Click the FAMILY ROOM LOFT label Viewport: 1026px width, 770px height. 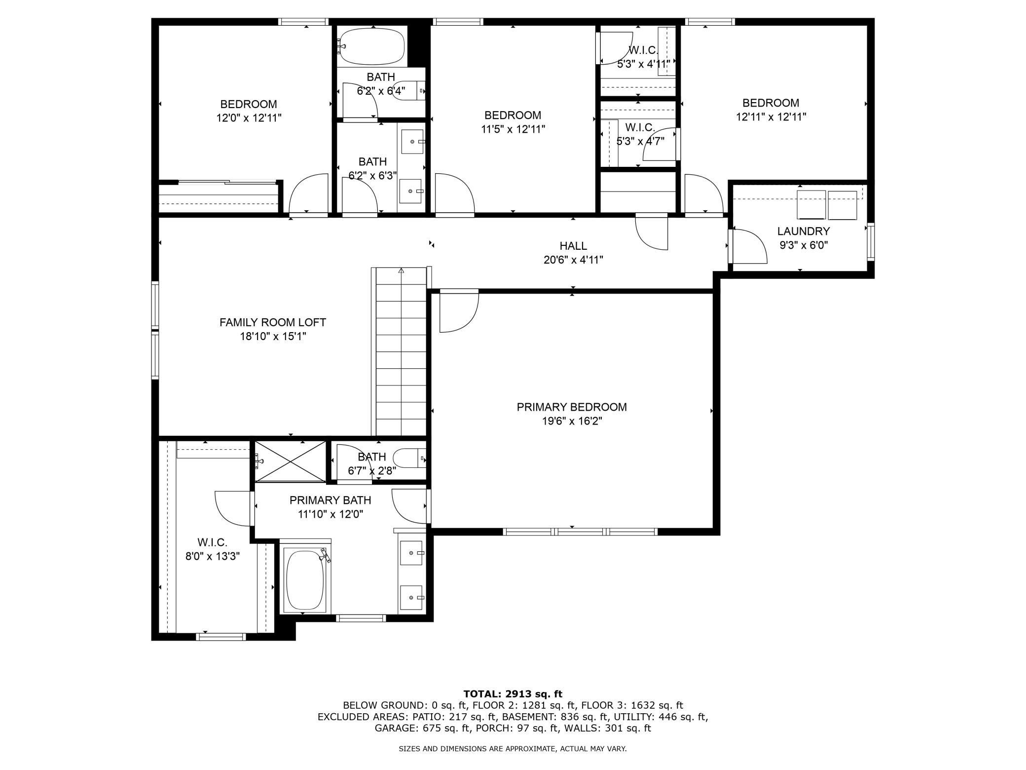click(x=273, y=322)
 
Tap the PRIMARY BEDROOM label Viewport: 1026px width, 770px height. click(x=572, y=407)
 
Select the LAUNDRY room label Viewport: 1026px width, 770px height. click(x=804, y=231)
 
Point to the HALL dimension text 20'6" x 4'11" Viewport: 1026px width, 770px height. click(x=573, y=260)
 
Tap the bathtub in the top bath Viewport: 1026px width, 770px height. click(x=372, y=46)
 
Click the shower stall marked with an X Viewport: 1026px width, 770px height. click(x=290, y=461)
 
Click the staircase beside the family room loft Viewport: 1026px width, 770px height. click(x=399, y=351)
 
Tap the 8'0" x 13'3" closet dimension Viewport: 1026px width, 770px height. click(x=213, y=556)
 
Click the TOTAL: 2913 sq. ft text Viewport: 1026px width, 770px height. click(x=513, y=693)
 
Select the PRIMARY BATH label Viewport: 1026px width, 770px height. click(x=330, y=500)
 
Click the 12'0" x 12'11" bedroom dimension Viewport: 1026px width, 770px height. click(x=249, y=118)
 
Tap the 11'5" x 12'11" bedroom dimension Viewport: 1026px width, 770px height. click(x=513, y=129)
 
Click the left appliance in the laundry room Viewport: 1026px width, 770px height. click(x=811, y=205)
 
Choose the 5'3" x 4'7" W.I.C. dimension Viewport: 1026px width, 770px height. click(x=640, y=141)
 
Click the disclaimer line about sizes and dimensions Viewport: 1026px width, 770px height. click(x=513, y=749)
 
